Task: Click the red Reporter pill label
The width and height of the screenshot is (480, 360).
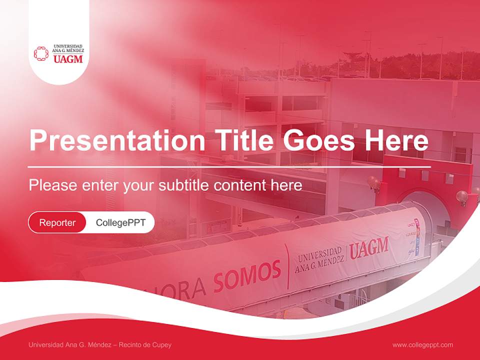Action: tap(57, 223)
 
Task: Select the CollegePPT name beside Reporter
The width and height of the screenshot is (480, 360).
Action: tap(120, 223)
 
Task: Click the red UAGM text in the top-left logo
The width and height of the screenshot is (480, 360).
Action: tap(67, 59)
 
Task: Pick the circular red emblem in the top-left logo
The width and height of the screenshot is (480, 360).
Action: tap(41, 53)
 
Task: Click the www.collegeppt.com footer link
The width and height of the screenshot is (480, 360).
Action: tap(422, 344)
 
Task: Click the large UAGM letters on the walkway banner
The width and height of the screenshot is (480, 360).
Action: tap(368, 248)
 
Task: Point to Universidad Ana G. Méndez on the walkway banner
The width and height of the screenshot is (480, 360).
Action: tap(319, 260)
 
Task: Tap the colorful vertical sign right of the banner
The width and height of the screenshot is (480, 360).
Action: tap(413, 237)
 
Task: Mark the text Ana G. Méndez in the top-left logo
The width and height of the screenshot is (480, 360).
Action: tap(68, 50)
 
